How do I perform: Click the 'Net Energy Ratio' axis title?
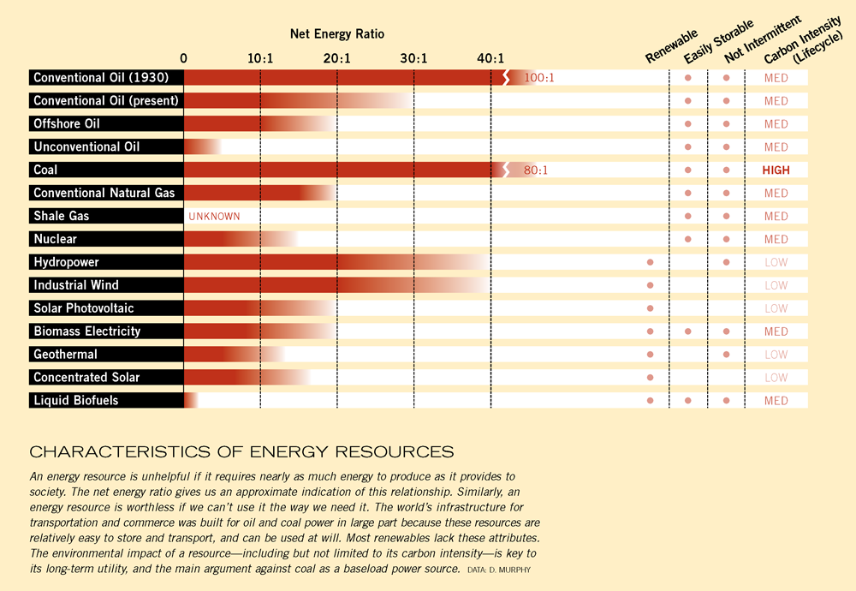[x=336, y=34]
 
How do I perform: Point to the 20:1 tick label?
[x=336, y=58]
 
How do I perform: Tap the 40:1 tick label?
[x=490, y=58]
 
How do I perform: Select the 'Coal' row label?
[x=46, y=170]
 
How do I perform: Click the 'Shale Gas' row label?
[x=62, y=216]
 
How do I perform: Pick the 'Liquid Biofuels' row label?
[x=76, y=400]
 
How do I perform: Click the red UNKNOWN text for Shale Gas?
[x=214, y=217]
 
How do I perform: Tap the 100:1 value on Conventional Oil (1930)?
[x=539, y=78]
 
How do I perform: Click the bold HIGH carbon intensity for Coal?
[x=776, y=170]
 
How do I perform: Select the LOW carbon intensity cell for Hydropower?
[x=776, y=262]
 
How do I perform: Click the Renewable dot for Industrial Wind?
[x=650, y=285]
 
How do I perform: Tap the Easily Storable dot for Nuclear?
[x=688, y=239]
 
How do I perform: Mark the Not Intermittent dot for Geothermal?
[x=726, y=354]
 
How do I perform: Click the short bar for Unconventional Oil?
[x=202, y=146]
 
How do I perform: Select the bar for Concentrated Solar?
[x=244, y=377]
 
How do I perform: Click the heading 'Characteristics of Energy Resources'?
[x=241, y=451]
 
